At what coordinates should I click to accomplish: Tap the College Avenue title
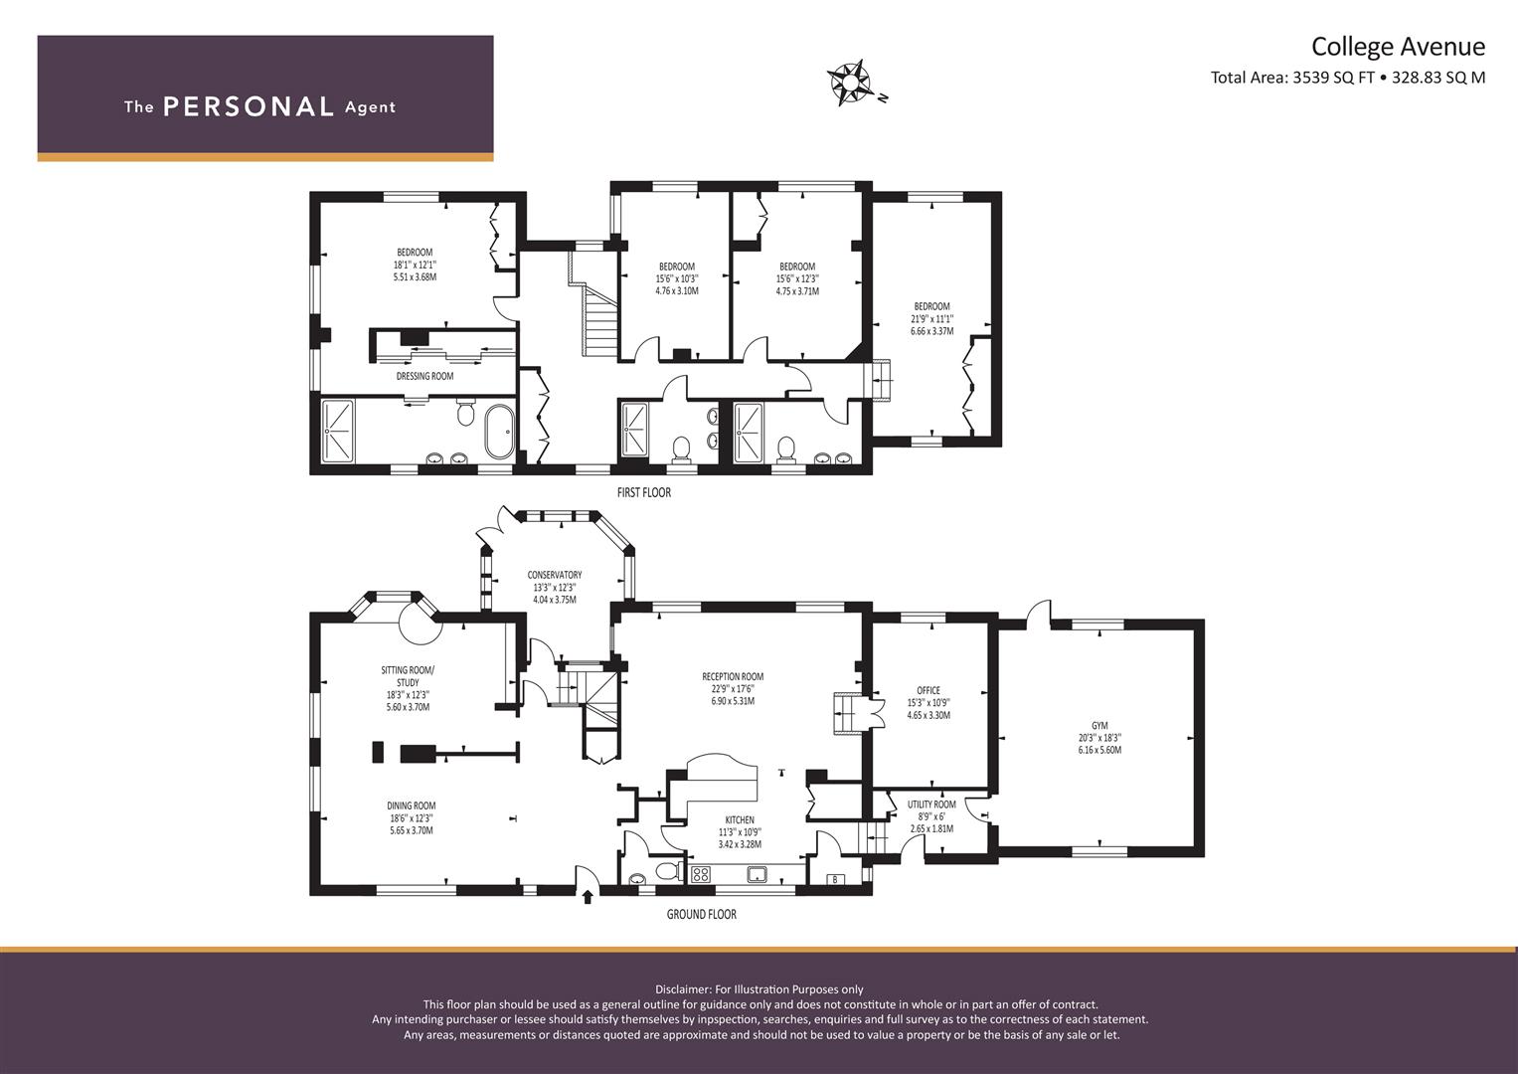(1398, 47)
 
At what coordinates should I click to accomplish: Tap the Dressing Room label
(424, 376)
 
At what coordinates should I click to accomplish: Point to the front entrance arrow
(588, 897)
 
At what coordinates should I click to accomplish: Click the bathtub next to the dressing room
(500, 432)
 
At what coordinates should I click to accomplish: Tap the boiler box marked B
(835, 879)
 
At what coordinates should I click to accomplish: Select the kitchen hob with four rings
(701, 874)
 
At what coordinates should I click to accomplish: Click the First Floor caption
(644, 493)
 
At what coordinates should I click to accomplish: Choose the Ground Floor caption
(702, 915)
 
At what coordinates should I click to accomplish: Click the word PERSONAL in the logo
(249, 106)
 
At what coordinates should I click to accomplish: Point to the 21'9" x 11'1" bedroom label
(931, 318)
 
